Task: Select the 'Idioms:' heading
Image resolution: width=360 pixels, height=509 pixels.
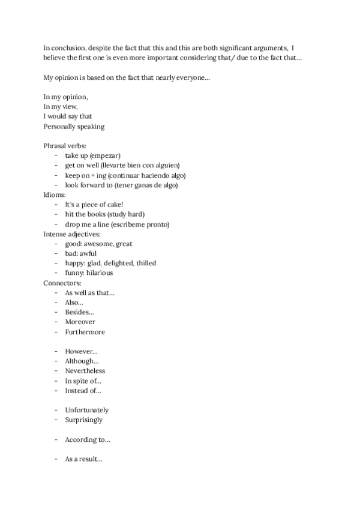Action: click(55, 194)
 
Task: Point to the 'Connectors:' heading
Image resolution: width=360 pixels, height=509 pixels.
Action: click(62, 282)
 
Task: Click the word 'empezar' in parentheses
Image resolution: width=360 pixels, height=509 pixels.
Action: click(106, 155)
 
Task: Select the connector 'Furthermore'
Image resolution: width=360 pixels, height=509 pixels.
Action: click(84, 331)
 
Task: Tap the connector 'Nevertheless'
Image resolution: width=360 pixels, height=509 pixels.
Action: click(85, 371)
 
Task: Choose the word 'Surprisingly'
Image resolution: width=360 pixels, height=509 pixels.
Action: click(84, 420)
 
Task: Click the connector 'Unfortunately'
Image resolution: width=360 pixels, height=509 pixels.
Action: click(87, 410)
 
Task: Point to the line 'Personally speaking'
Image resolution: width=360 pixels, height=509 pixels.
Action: click(74, 126)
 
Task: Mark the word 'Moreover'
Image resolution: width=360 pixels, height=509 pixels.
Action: click(80, 322)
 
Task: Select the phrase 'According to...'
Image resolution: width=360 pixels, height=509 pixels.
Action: click(88, 439)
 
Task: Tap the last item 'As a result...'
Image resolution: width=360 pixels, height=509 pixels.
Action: click(84, 459)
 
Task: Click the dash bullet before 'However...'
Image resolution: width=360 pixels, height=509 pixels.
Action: click(55, 351)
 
